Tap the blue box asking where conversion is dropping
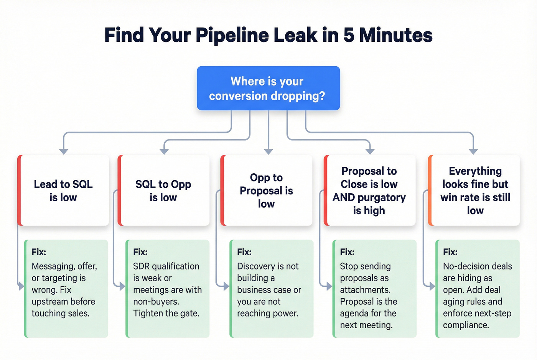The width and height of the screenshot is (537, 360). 268,88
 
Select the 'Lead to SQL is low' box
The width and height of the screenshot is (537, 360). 64,191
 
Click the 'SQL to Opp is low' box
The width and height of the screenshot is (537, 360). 164,191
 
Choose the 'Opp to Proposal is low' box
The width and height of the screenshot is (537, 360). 267,191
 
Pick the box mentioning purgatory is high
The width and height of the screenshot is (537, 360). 370,191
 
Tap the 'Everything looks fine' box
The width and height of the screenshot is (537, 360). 474,191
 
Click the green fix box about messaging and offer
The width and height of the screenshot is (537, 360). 66,288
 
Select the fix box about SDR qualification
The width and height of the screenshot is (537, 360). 168,288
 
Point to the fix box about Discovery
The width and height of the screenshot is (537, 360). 271,288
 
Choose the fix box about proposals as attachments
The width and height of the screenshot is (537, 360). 374,288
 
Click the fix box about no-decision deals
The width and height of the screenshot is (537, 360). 478,288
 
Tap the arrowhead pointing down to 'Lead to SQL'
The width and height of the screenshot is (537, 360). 64,151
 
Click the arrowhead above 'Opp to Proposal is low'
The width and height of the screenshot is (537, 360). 268,151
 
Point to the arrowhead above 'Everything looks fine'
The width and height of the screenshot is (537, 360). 473,151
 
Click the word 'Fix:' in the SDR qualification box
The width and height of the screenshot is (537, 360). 140,252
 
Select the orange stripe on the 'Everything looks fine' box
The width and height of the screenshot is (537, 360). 430,191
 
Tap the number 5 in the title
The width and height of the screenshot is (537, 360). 349,35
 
